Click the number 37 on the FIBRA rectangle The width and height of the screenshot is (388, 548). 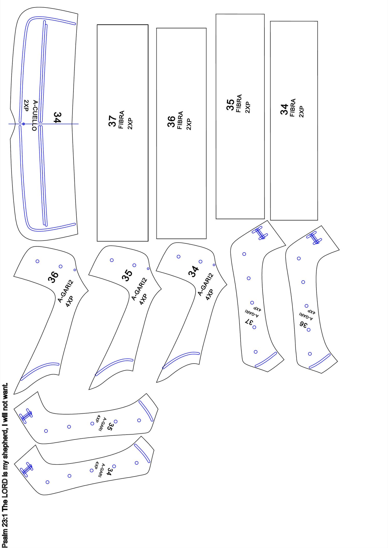[x=113, y=121]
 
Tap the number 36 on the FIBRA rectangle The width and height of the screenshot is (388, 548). [x=171, y=121]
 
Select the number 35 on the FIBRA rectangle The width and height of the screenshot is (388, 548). [x=230, y=105]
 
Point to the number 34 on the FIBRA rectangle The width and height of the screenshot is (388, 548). [x=284, y=109]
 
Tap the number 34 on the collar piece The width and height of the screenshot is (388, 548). [x=57, y=117]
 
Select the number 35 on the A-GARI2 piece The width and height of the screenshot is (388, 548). [x=127, y=275]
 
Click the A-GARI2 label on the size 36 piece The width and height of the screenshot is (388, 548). [x=65, y=291]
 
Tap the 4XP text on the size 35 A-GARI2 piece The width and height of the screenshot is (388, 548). [x=143, y=299]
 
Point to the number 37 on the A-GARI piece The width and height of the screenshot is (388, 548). [x=249, y=322]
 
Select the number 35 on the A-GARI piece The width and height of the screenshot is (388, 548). [x=110, y=427]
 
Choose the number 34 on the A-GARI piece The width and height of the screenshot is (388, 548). [x=109, y=472]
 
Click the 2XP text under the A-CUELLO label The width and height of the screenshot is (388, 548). [x=26, y=106]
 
